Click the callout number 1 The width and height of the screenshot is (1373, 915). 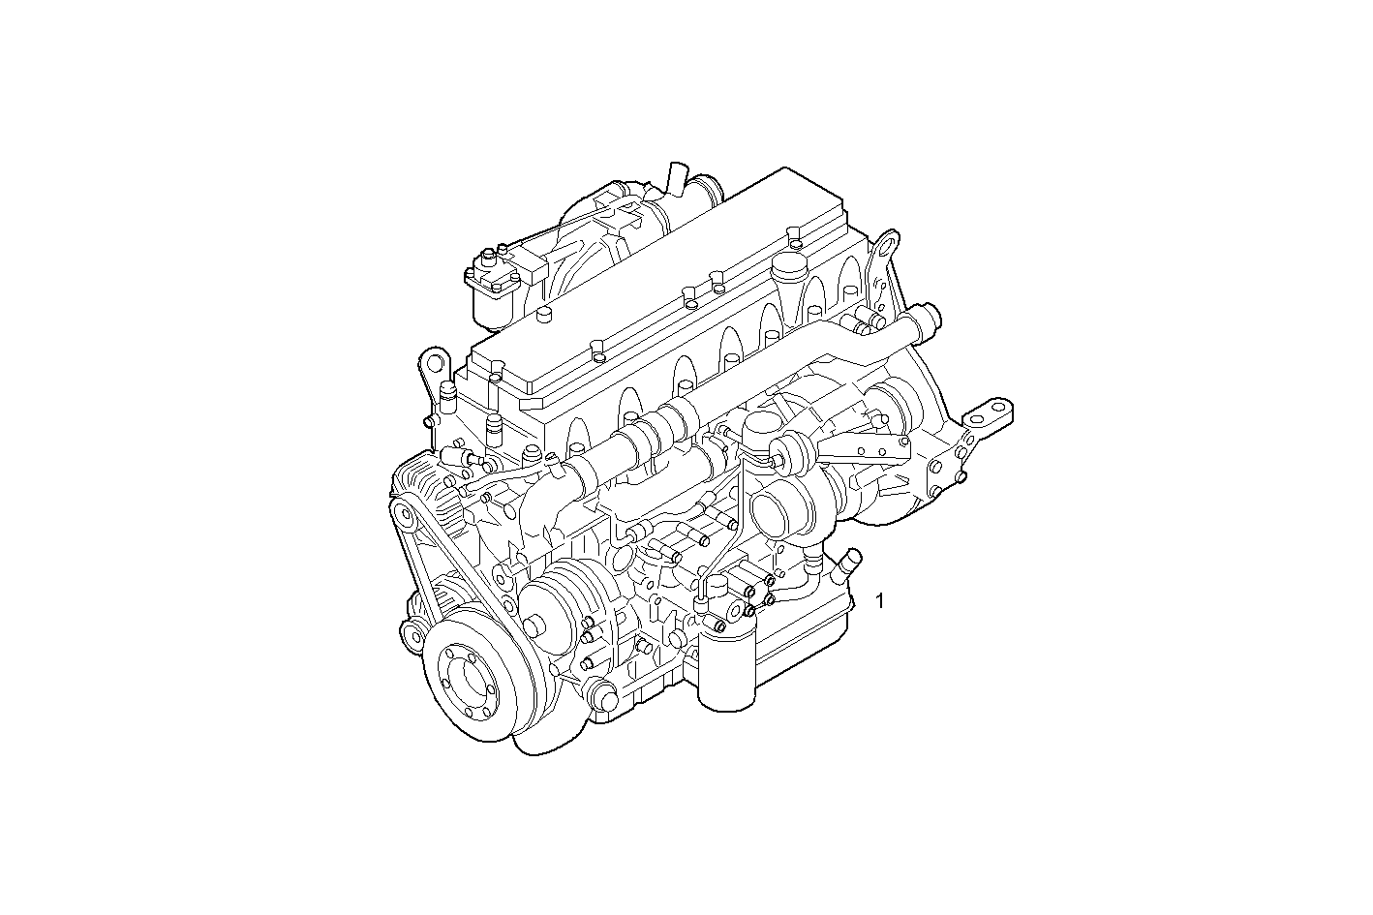coord(879,600)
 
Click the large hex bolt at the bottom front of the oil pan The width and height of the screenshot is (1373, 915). coord(601,697)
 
